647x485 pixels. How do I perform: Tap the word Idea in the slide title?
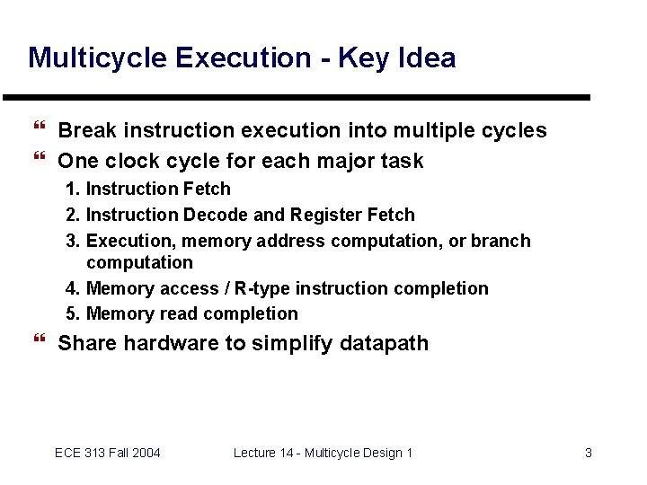(x=424, y=58)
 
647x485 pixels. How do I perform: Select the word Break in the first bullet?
(x=87, y=131)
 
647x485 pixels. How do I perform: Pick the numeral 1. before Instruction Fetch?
(x=72, y=190)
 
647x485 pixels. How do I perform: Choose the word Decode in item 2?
(x=211, y=216)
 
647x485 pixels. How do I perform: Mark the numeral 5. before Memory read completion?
(x=72, y=314)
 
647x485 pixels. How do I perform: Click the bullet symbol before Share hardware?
(x=37, y=342)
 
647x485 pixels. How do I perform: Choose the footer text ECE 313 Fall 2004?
(x=108, y=453)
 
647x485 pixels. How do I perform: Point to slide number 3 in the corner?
(x=589, y=453)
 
